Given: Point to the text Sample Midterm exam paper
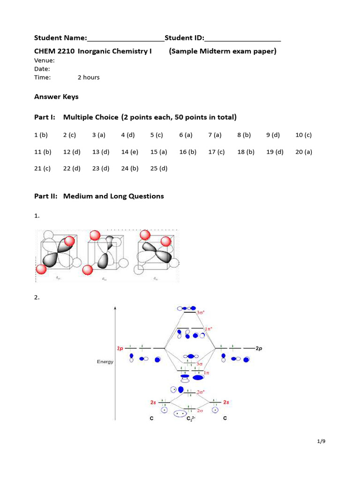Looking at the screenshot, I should pyautogui.click(x=223, y=51).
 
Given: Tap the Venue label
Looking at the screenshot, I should pyautogui.click(x=45, y=60).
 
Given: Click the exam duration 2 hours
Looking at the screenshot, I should pyautogui.click(x=89, y=77).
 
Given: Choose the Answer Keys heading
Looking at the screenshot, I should pyautogui.click(x=56, y=97).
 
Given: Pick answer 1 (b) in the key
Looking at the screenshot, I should pyautogui.click(x=41, y=135).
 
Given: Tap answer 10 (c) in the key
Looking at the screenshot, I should pyautogui.click(x=303, y=135).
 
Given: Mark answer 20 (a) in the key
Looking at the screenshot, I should pyautogui.click(x=303, y=152).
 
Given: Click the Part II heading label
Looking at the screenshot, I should pyautogui.click(x=45, y=196).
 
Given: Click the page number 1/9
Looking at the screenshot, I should pyautogui.click(x=321, y=442).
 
